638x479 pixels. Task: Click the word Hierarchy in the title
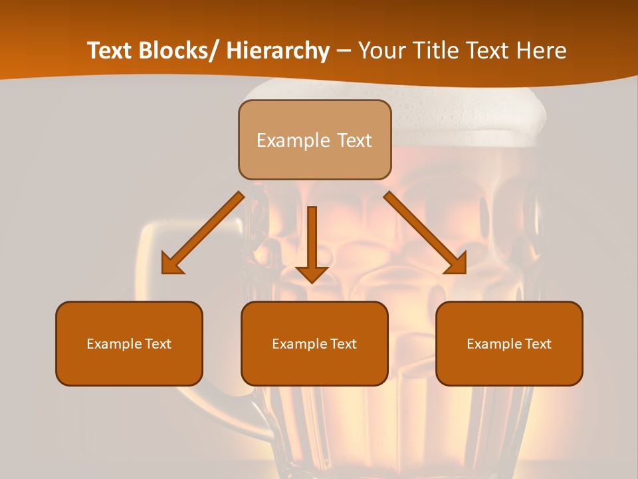tap(278, 51)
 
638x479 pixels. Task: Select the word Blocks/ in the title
tap(178, 51)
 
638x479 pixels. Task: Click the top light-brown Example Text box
tap(314, 140)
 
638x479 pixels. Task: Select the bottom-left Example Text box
tap(129, 343)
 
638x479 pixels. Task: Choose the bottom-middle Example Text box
tap(314, 343)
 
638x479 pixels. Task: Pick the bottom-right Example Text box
tap(509, 343)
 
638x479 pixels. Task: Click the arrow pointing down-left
tap(203, 234)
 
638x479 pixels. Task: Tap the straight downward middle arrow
tap(312, 243)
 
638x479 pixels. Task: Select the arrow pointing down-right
tap(425, 234)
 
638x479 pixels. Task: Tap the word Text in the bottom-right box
tap(538, 344)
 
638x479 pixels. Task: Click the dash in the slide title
tap(344, 51)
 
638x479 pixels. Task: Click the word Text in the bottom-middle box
tap(343, 344)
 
